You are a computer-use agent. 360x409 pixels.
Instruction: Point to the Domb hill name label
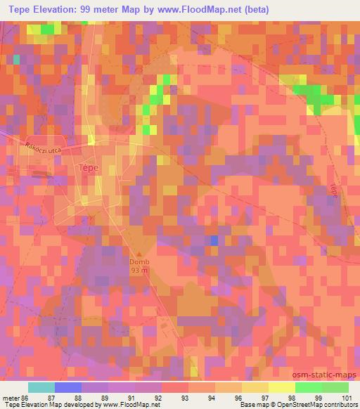click(139, 263)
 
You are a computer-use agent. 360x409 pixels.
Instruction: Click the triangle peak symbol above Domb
click(139, 254)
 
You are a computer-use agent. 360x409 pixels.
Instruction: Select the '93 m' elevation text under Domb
click(139, 271)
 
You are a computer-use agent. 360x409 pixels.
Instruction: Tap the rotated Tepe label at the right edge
click(333, 190)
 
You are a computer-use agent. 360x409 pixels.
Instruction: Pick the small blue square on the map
click(214, 240)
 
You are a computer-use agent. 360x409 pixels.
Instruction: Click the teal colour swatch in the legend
click(41, 387)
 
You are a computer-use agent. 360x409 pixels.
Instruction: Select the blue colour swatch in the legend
click(67, 387)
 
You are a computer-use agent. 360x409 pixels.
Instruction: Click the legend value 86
click(26, 398)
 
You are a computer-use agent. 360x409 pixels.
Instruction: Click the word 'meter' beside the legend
click(10, 398)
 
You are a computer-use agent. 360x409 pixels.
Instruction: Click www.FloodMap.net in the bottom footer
click(134, 405)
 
